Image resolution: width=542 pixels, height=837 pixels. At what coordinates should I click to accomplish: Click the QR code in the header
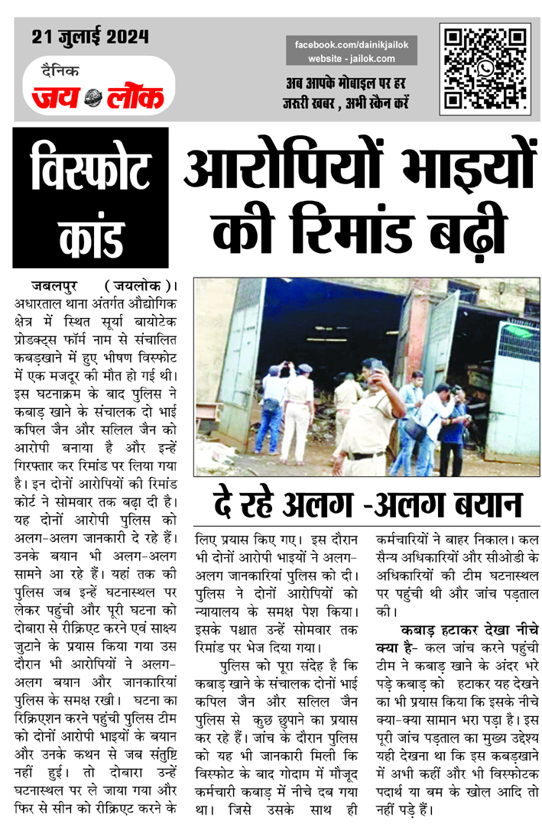pyautogui.click(x=485, y=68)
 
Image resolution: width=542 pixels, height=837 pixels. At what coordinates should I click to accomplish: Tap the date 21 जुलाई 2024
pyautogui.click(x=90, y=36)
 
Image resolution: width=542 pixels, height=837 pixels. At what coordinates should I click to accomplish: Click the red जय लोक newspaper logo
pyautogui.click(x=97, y=96)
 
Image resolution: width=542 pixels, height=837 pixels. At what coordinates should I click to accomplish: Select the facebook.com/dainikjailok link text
pyautogui.click(x=352, y=45)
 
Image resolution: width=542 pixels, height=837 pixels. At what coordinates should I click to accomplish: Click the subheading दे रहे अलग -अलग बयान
pyautogui.click(x=367, y=505)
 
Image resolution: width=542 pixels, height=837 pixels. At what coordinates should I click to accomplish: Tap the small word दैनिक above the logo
pyautogui.click(x=60, y=71)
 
